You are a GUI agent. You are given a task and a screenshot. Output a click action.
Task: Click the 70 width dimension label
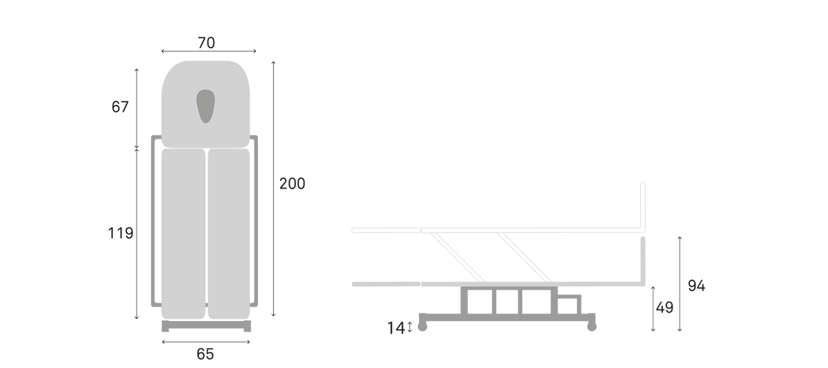point(206,43)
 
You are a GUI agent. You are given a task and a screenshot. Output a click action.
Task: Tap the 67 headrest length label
point(120,107)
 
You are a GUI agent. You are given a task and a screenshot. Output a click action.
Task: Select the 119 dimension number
point(121,233)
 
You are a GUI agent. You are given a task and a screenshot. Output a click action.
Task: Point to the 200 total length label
point(293,184)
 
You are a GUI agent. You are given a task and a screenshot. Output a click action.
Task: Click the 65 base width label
point(206,354)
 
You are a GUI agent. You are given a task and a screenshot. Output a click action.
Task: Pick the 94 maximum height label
point(697,286)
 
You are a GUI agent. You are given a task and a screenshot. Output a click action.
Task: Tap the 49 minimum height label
point(664,308)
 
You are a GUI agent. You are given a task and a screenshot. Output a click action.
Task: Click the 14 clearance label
point(396,329)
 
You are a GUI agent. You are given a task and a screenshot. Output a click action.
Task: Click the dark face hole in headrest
point(206,106)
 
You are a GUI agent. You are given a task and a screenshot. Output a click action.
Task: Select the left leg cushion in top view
point(184,234)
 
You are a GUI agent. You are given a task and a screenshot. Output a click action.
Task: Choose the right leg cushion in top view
point(229,234)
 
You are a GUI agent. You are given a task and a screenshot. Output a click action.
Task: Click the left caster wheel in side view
point(422,327)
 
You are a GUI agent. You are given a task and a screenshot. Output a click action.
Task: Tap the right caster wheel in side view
point(592,327)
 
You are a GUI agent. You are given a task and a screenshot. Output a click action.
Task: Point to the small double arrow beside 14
point(410,327)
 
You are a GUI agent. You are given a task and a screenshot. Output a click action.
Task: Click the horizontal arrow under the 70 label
point(209,51)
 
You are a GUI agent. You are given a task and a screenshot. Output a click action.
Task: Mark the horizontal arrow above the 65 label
point(206,342)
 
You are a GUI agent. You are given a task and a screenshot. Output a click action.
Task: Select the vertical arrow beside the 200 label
point(273,188)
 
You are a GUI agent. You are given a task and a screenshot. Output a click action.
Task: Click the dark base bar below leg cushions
point(206,326)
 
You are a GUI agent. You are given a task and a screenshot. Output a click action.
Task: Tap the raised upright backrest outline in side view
point(643,207)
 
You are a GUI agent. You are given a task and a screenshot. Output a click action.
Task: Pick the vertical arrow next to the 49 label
point(653,309)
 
